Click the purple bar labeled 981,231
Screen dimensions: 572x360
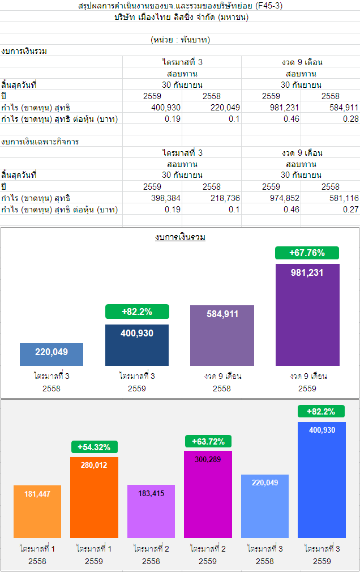point(307,314)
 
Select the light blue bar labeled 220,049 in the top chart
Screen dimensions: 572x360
point(52,354)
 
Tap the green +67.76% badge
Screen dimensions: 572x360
point(307,253)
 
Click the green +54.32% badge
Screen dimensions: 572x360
point(95,447)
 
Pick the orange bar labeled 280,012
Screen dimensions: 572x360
point(95,497)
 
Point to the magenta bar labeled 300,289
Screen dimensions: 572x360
point(208,494)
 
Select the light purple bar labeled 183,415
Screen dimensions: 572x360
point(151,511)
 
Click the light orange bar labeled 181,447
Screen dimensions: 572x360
point(37,511)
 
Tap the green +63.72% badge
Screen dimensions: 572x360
point(208,441)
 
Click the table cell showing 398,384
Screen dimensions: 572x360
point(166,198)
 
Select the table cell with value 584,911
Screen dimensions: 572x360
point(344,108)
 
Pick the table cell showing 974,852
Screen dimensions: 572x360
point(282,198)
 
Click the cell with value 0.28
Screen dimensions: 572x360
point(351,119)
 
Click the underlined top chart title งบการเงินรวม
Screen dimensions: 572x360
point(180,237)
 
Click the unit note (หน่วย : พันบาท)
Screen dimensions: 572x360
point(181,40)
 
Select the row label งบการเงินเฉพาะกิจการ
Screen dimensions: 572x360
point(40,142)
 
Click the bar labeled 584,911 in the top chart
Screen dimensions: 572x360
point(222,335)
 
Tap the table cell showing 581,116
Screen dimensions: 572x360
point(344,198)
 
